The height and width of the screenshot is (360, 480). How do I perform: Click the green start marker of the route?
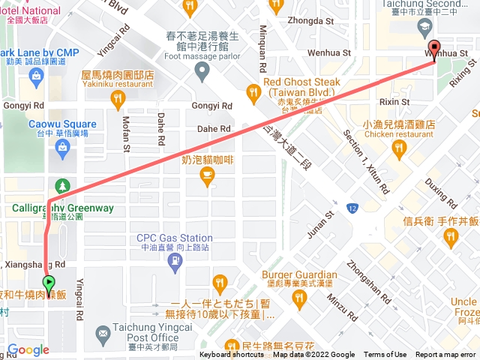[49, 283]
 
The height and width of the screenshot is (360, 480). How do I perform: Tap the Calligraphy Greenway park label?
[62, 208]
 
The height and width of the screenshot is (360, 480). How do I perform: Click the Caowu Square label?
[62, 124]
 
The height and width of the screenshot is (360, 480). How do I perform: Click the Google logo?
[28, 349]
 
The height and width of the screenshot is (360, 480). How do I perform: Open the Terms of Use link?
[385, 355]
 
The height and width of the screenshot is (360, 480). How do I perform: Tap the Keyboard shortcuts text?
[232, 355]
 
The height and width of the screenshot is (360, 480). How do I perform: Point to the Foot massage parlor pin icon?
[202, 73]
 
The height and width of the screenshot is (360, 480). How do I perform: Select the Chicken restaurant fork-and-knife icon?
[397, 152]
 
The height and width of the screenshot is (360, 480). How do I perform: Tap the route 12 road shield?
[352, 207]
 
